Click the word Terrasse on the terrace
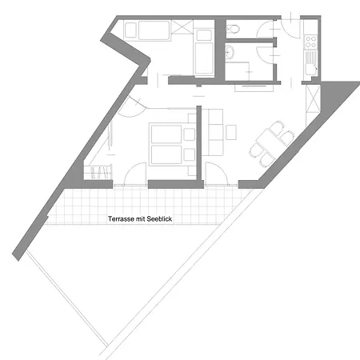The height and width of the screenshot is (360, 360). [x=121, y=219]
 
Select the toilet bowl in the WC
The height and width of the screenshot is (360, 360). [x=233, y=29]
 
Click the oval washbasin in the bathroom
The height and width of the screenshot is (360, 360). [x=229, y=52]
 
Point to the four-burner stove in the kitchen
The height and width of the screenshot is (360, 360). [x=310, y=42]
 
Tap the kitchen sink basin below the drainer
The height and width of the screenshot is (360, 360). [x=310, y=70]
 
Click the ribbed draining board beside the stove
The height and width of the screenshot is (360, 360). [x=310, y=57]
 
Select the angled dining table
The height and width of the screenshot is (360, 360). [x=269, y=143]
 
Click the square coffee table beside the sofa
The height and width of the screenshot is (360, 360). [x=231, y=132]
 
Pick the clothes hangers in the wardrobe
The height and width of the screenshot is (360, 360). [x=99, y=173]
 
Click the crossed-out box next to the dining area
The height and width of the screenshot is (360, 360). [x=313, y=98]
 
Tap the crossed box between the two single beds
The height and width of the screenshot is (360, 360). [x=182, y=27]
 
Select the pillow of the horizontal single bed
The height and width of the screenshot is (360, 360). [x=130, y=30]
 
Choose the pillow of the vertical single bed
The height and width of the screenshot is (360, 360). [x=204, y=35]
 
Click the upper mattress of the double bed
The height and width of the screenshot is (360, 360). [x=166, y=134]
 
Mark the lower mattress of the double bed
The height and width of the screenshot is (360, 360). [x=166, y=154]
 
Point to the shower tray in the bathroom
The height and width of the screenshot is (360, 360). [x=237, y=71]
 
